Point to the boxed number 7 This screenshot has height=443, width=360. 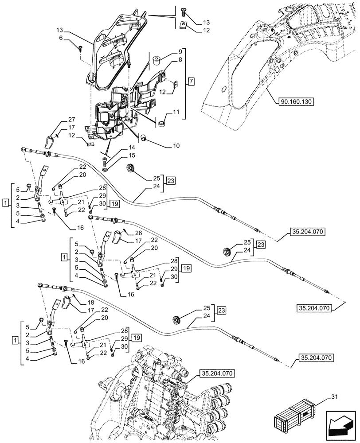coord(191,81)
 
